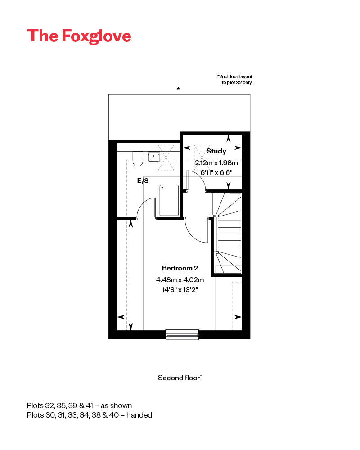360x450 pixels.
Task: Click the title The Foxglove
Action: point(79,36)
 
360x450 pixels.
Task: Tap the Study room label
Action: point(216,151)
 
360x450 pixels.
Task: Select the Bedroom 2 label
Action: point(180,268)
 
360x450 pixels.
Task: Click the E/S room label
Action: point(143,181)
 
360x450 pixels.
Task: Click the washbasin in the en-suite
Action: point(154,157)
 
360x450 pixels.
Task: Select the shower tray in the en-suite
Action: point(168,199)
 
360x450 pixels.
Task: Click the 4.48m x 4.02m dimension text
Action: point(180,279)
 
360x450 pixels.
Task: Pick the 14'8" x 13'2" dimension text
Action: point(180,290)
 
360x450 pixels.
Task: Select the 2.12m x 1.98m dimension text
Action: point(216,162)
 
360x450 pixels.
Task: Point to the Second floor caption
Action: point(180,378)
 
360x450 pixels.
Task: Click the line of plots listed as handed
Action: point(90,415)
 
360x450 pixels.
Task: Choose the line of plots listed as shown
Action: point(79,405)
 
